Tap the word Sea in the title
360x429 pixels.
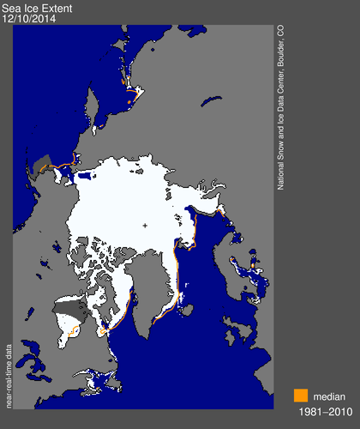(x=11, y=8)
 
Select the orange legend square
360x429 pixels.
(x=300, y=396)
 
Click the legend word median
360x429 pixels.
(x=330, y=396)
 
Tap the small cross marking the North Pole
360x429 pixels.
(x=145, y=226)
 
